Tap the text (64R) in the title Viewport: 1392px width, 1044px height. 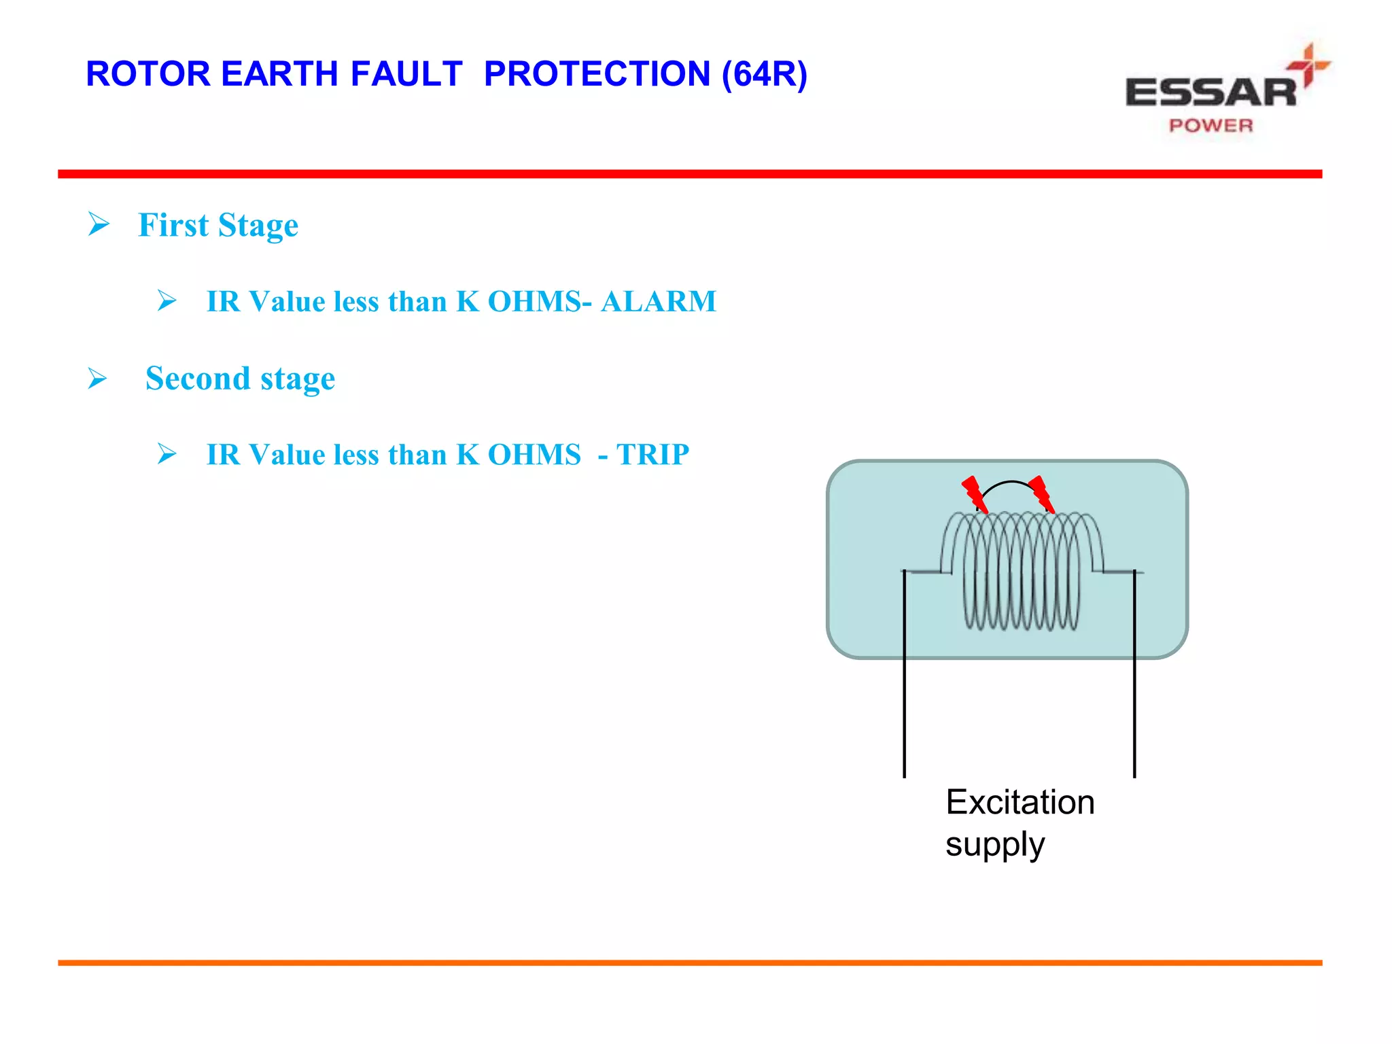(x=764, y=74)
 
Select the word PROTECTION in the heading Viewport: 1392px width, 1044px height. (x=597, y=74)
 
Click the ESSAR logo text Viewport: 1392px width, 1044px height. (x=1211, y=92)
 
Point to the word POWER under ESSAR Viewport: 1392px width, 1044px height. (x=1211, y=126)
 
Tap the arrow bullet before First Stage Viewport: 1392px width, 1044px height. (x=99, y=224)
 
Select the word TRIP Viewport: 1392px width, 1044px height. (x=652, y=454)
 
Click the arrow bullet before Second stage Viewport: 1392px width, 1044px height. (x=98, y=378)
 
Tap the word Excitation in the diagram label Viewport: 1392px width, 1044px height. (x=1020, y=802)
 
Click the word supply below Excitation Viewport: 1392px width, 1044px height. (x=994, y=845)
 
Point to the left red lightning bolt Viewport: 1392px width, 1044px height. (x=973, y=493)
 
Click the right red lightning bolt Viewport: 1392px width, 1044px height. (x=1041, y=493)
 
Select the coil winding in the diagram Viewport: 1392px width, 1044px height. (x=1021, y=571)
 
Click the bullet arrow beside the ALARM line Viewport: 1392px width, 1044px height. (x=167, y=300)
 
